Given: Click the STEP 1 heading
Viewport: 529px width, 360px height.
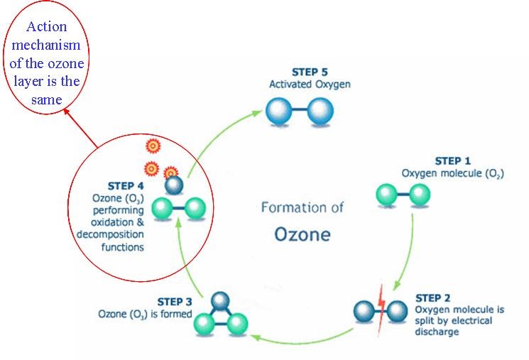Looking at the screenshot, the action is [x=453, y=161].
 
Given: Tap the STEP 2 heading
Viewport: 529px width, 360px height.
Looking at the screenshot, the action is [x=433, y=298].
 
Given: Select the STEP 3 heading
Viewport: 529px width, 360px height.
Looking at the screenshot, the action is [x=175, y=302].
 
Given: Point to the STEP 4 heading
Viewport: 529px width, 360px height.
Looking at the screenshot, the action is [x=126, y=186].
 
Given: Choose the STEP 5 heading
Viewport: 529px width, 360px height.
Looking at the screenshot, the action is [x=310, y=72].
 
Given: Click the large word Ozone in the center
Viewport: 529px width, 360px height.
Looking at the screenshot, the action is [x=302, y=234].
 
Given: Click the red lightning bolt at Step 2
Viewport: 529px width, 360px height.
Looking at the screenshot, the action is [x=381, y=310].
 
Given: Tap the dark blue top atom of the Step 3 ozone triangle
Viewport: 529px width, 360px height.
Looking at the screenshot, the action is [x=220, y=300].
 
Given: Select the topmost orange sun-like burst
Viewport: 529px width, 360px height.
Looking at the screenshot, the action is [x=153, y=146].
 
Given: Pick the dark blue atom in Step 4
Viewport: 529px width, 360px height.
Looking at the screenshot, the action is [x=174, y=185].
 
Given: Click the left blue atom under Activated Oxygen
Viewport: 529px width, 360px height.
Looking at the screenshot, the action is [x=278, y=111].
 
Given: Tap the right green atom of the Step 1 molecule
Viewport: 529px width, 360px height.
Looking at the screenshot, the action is [x=420, y=195].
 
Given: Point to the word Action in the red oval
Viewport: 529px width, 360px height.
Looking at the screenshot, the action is [x=47, y=27].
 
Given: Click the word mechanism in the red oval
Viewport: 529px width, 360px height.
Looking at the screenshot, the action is [x=46, y=45].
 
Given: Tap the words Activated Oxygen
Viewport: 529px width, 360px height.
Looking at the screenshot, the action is [x=310, y=84].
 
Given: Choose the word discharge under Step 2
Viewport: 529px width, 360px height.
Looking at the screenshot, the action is [x=437, y=332].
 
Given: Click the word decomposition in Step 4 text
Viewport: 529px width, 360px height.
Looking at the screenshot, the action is [x=110, y=234].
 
